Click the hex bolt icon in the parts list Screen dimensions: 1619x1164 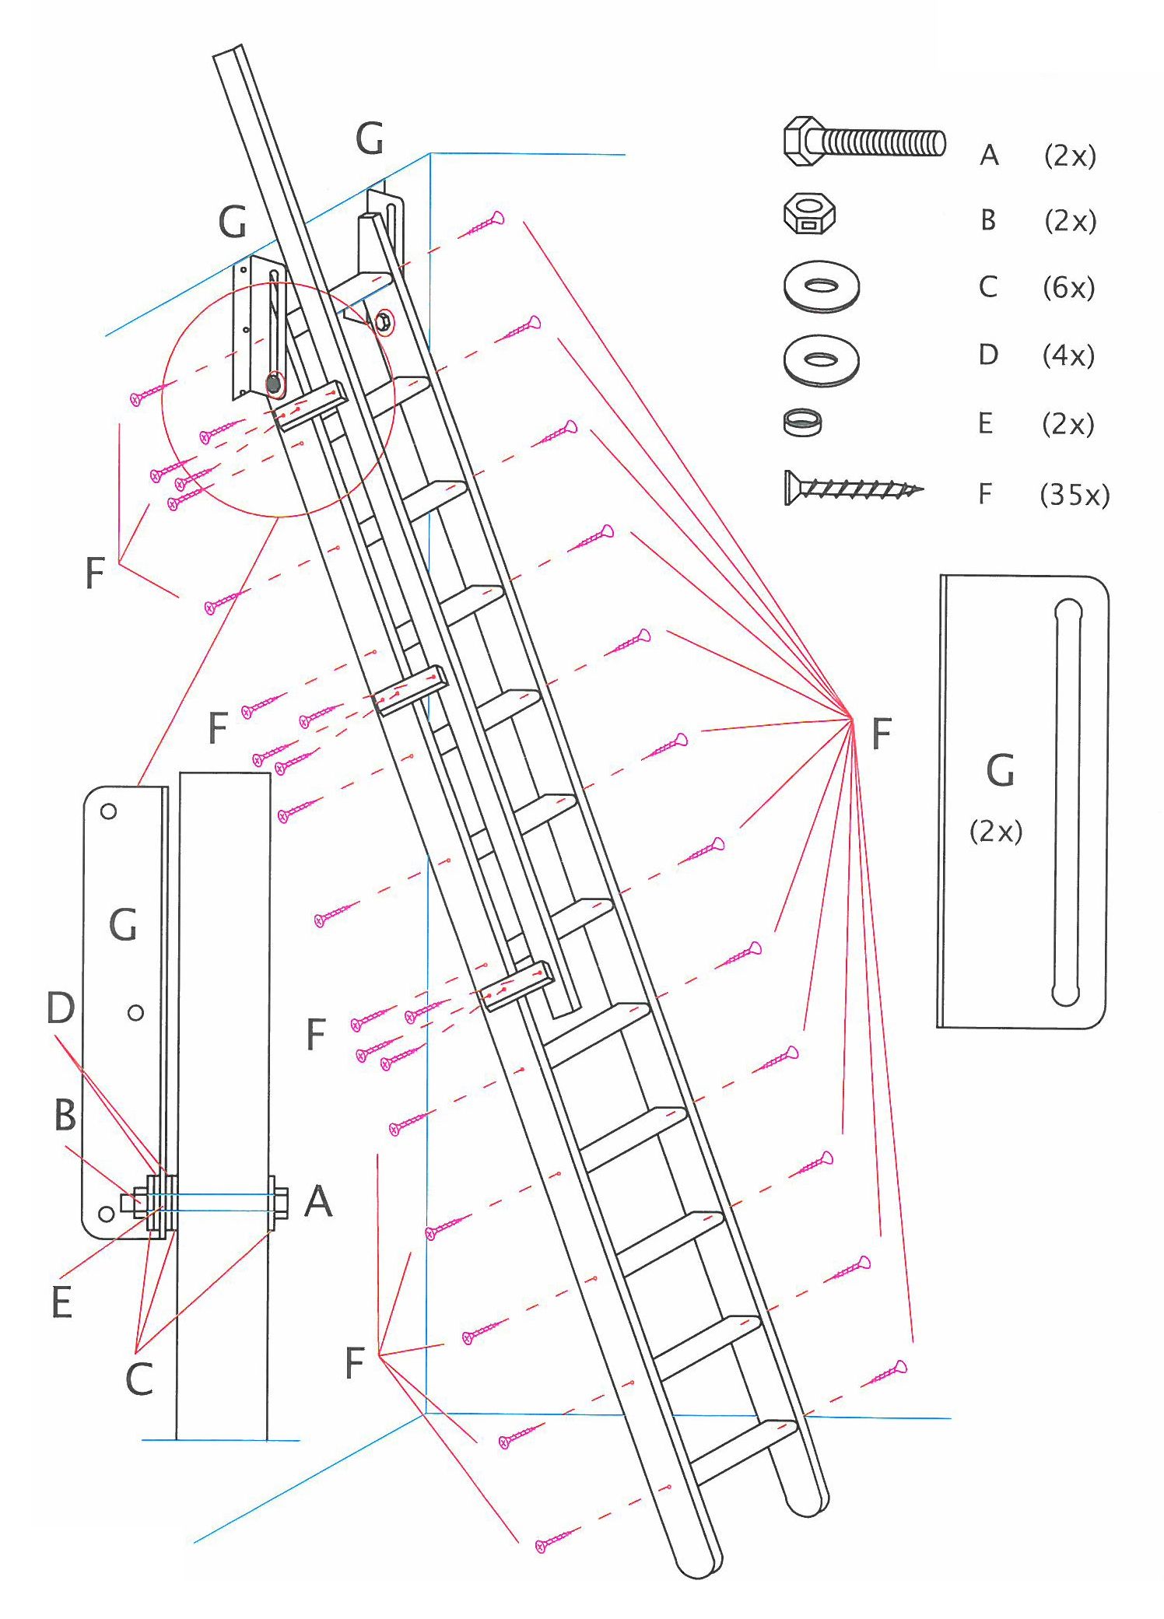pyautogui.click(x=864, y=142)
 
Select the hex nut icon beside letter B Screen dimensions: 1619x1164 pyautogui.click(x=809, y=214)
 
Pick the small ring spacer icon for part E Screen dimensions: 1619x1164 pyautogui.click(x=802, y=422)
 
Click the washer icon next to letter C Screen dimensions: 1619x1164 pyautogui.click(x=822, y=286)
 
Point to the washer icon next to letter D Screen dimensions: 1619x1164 pyautogui.click(x=822, y=359)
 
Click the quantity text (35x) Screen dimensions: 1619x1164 pyautogui.click(x=1075, y=495)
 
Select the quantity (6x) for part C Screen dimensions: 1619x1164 pyautogui.click(x=1069, y=288)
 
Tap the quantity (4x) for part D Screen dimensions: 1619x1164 pyautogui.click(x=1068, y=356)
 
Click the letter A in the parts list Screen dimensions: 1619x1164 pyautogui.click(x=989, y=156)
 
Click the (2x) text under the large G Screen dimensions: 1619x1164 pyautogui.click(x=996, y=832)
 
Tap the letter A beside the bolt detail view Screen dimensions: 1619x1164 pyautogui.click(x=318, y=1201)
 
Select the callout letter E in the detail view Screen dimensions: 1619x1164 pyautogui.click(x=62, y=1302)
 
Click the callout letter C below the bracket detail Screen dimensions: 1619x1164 pyautogui.click(x=139, y=1379)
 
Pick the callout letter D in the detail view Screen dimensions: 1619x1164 pyautogui.click(x=61, y=1007)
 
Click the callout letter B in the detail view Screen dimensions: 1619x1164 pyautogui.click(x=65, y=1115)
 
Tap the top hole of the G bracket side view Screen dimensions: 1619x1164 pyautogui.click(x=109, y=811)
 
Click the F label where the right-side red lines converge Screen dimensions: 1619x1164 pyautogui.click(x=881, y=734)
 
